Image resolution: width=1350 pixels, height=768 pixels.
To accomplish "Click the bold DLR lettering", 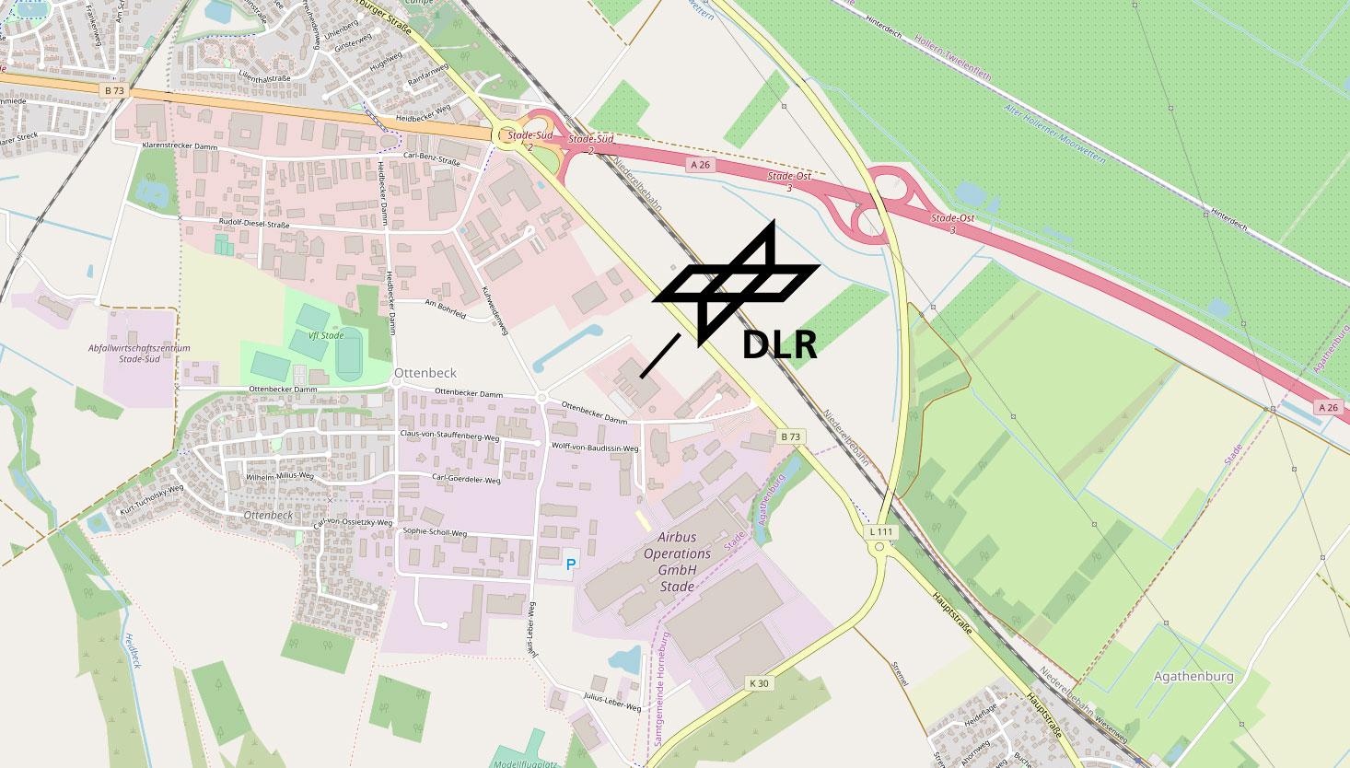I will (x=779, y=345).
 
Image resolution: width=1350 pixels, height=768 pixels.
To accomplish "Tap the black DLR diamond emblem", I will (x=736, y=282).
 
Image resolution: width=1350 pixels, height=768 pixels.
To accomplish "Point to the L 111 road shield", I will (x=881, y=532).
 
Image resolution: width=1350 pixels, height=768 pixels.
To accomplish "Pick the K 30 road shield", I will (x=759, y=683).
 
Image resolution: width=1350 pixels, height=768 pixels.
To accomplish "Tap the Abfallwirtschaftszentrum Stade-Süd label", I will (x=139, y=354).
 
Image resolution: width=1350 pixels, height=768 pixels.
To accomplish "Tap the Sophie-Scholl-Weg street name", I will (x=435, y=532).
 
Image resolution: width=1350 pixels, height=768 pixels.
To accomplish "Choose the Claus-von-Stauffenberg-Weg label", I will (x=449, y=434).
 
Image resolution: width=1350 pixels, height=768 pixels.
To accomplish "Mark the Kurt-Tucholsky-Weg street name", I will (x=146, y=498).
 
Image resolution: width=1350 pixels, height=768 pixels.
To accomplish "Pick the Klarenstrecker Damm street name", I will (x=180, y=146).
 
